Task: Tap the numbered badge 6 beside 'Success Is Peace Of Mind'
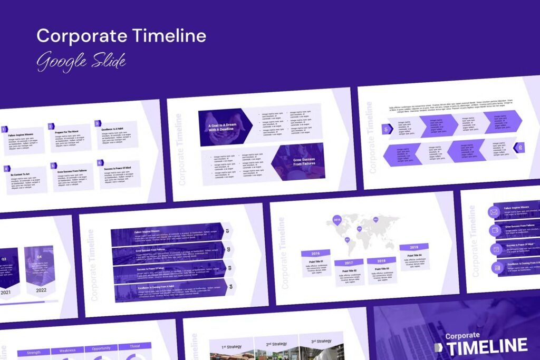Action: [x=100, y=163]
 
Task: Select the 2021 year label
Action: [x=5, y=291]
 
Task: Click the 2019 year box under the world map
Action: [x=414, y=247]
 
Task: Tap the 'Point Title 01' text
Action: [x=316, y=262]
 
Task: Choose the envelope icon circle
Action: [x=494, y=212]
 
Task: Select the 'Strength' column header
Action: [x=33, y=352]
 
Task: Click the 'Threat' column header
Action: [x=134, y=347]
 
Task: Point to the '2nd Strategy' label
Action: [x=276, y=344]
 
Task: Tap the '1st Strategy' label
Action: [x=232, y=347]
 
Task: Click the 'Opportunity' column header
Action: [x=101, y=348]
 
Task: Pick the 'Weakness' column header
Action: [x=67, y=350]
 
